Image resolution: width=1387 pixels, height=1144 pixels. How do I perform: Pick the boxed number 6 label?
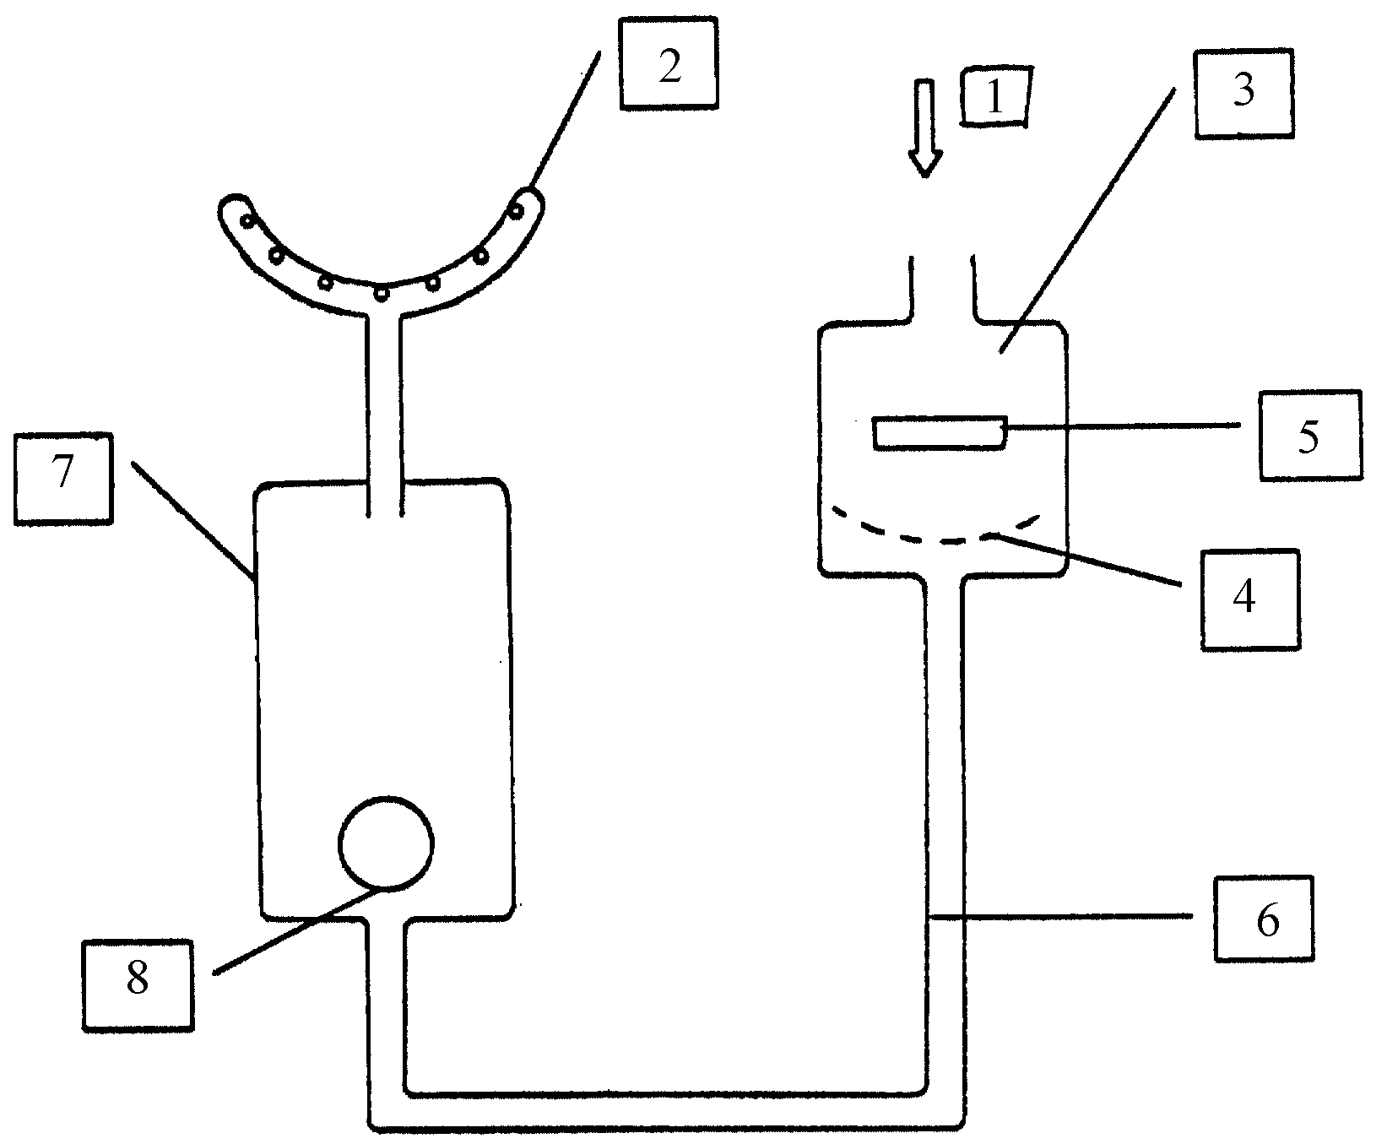click(x=1265, y=918)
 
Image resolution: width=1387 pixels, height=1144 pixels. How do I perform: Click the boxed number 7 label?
click(x=63, y=477)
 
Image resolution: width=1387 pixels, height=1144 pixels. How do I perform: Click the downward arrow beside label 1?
click(x=926, y=127)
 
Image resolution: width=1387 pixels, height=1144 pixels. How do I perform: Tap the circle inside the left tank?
click(x=386, y=843)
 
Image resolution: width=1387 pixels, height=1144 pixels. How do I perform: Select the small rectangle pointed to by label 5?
click(x=940, y=432)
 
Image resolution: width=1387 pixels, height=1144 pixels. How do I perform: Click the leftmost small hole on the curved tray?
click(x=247, y=220)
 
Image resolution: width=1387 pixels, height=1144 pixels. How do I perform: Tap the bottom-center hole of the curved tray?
click(x=382, y=292)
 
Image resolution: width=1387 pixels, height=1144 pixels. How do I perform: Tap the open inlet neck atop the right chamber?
click(x=943, y=287)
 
